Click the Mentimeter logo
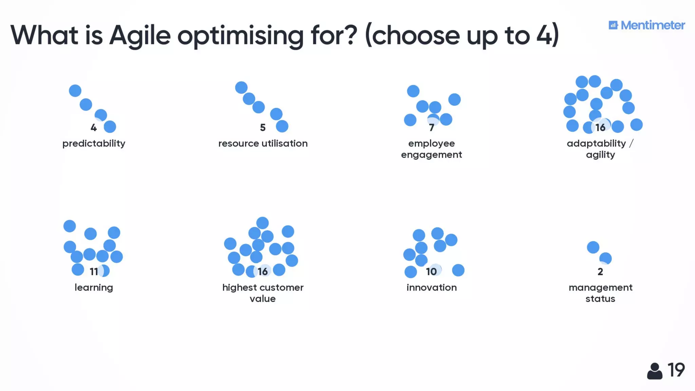pos(646,25)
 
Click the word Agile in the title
pos(139,36)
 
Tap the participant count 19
pos(676,370)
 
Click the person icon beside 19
pos(655,371)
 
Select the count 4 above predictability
pos(94,128)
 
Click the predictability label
pos(94,144)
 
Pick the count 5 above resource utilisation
pos(263,128)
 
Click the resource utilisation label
pos(263,144)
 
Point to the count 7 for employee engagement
pos(431,128)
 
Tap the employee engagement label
pos(431,149)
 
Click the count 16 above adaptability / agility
pos(600,128)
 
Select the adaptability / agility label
pos(600,149)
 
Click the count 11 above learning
pos(94,272)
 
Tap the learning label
pos(94,287)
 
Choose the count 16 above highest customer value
pos(263,272)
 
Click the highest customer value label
pos(263,293)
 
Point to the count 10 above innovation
pos(431,272)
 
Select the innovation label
pos(431,287)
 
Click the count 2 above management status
pos(600,272)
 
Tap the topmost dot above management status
pos(593,247)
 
